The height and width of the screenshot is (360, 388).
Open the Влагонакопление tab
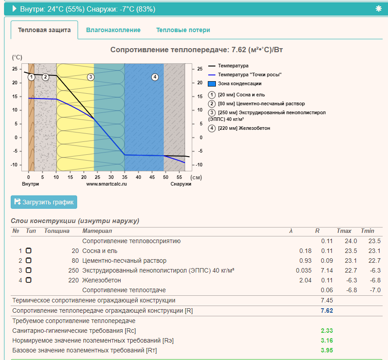click(x=113, y=30)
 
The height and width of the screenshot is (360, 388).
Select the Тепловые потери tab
click(x=183, y=30)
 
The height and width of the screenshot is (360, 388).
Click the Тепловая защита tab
click(x=44, y=30)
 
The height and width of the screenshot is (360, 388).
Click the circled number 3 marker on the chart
click(x=91, y=77)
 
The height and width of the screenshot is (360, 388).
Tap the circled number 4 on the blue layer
click(x=155, y=77)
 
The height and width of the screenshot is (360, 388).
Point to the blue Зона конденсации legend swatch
click(x=212, y=84)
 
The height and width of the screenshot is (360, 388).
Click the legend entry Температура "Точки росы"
click(x=250, y=74)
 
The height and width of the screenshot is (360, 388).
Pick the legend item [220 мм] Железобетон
click(x=244, y=128)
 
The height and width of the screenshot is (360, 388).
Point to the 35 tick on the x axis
click(x=124, y=177)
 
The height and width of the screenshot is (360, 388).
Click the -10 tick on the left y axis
click(x=14, y=165)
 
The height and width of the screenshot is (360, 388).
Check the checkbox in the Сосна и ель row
click(x=29, y=251)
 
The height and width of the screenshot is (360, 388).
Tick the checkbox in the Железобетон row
click(x=29, y=280)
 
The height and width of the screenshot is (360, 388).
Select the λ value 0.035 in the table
click(x=304, y=270)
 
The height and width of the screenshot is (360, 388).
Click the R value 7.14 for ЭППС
click(x=327, y=270)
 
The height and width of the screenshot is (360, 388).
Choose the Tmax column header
click(x=344, y=231)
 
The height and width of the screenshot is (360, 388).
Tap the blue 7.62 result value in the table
click(x=327, y=310)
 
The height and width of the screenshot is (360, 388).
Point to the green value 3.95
click(x=327, y=350)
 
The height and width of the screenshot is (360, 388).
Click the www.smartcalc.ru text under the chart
click(x=107, y=184)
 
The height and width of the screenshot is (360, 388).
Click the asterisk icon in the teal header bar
click(x=379, y=8)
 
